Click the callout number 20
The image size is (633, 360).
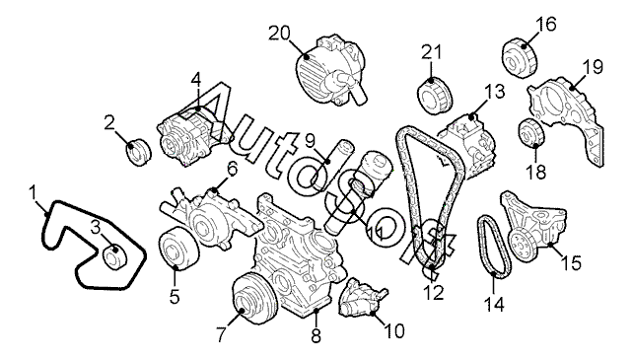(x=279, y=33)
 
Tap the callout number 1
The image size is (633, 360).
(x=34, y=192)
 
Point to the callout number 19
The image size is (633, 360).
(x=593, y=67)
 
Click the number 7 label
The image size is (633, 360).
(x=221, y=334)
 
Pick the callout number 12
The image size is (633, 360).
(x=434, y=293)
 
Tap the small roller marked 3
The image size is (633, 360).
(x=115, y=256)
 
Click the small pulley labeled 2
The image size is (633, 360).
(x=138, y=152)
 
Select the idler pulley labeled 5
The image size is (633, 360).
(x=178, y=249)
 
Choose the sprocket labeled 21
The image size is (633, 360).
(x=435, y=96)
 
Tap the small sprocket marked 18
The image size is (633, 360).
(x=531, y=133)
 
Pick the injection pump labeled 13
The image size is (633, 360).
(x=466, y=143)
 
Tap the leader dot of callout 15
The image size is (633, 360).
(x=550, y=244)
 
